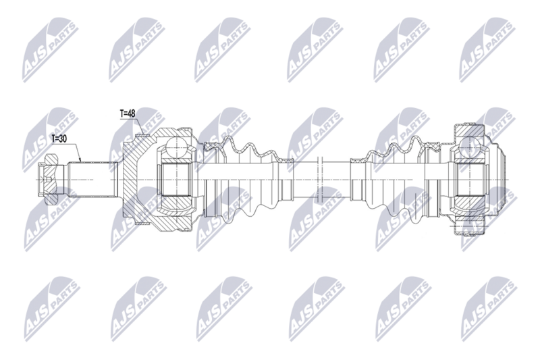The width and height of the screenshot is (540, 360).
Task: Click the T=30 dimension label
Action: pos(59,139)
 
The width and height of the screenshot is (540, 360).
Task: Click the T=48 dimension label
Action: pos(128,113)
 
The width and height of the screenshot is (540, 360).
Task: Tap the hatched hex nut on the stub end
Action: pos(51,180)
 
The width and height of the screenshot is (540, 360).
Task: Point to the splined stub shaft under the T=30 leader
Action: pos(92,179)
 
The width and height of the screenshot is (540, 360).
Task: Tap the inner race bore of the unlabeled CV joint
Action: pos(469,180)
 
